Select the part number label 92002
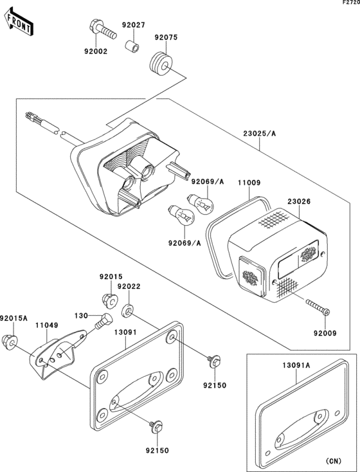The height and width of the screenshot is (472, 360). click(95, 51)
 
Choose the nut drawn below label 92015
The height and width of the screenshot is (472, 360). click(109, 299)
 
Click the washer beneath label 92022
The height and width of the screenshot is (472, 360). click(129, 312)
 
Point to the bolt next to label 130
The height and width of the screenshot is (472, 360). click(100, 320)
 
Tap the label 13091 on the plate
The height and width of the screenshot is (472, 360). click(126, 332)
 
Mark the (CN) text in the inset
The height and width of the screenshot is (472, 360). click(334, 460)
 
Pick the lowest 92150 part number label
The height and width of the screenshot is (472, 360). click(157, 451)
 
